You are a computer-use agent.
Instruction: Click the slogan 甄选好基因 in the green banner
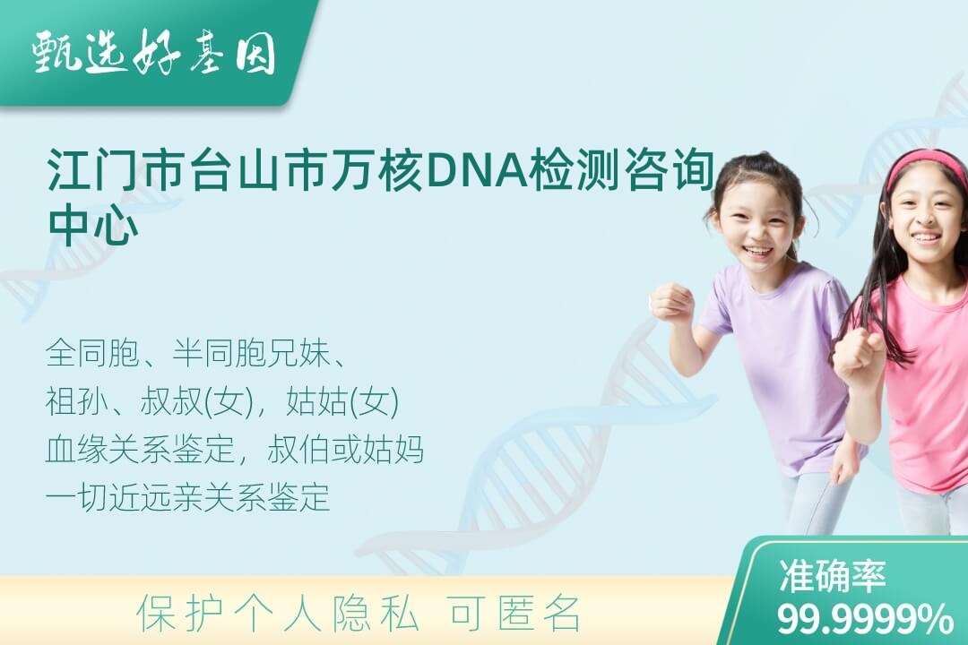point(154,53)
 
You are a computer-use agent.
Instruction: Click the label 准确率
point(832,575)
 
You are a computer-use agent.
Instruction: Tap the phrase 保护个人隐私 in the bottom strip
point(278,614)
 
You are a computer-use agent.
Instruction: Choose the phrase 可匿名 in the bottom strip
point(514,614)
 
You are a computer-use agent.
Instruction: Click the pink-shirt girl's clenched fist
point(858,352)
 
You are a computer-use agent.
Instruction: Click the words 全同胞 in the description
point(93,353)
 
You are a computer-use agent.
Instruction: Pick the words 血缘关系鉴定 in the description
point(140,450)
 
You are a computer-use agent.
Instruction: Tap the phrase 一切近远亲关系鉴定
point(187,497)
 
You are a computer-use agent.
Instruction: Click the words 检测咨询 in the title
point(625,169)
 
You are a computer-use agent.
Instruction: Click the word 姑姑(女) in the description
point(342,401)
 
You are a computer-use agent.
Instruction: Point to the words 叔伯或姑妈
point(346,450)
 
